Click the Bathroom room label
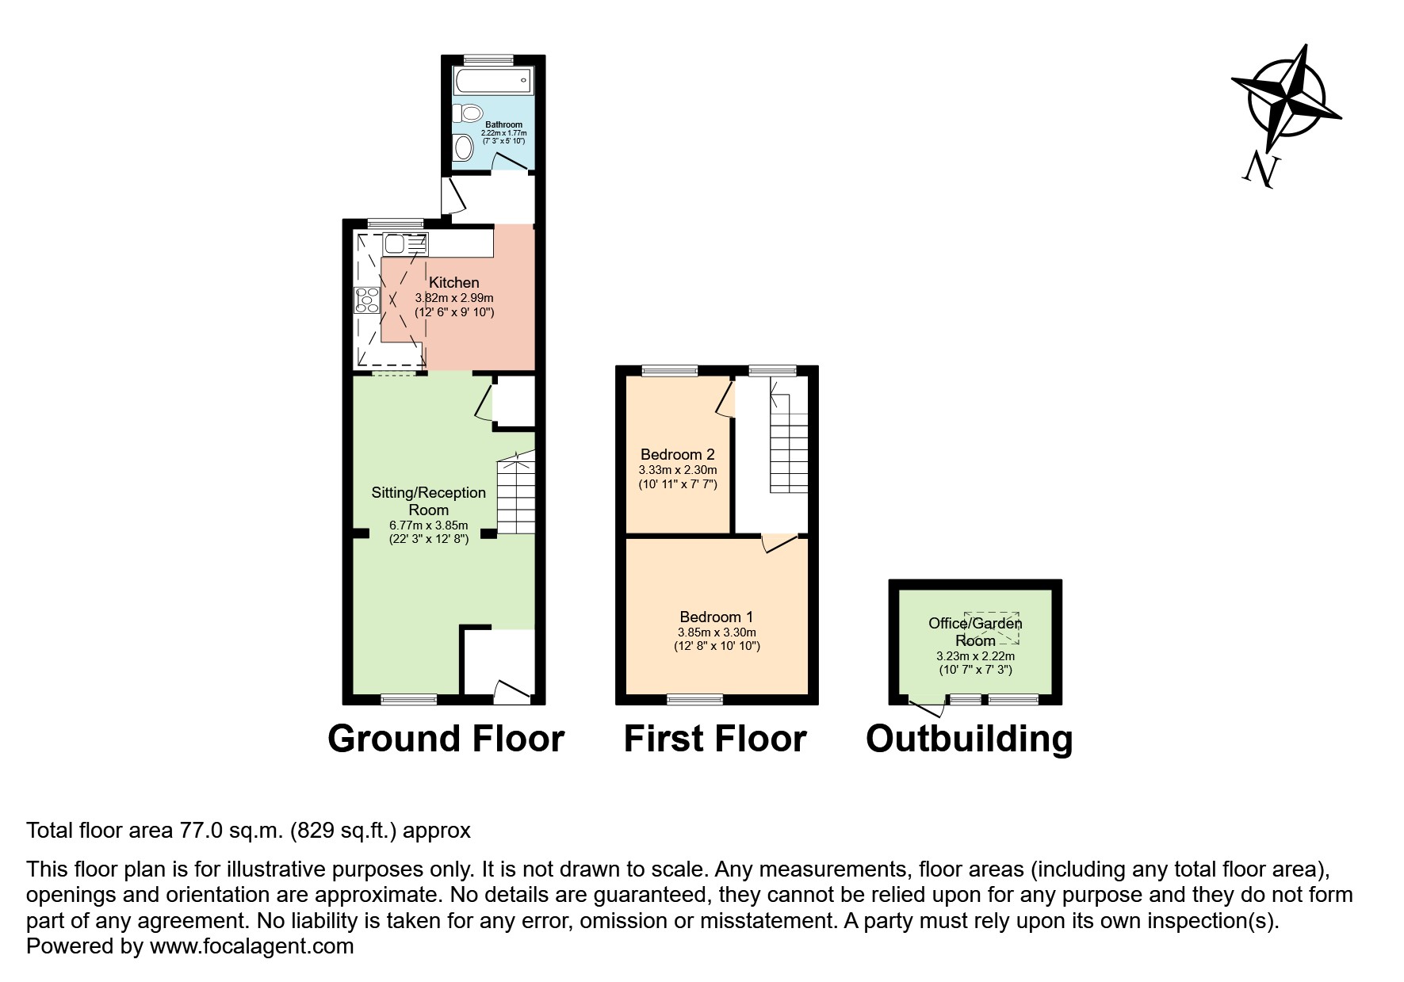pos(503,124)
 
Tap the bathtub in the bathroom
pos(492,80)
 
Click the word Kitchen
pos(453,283)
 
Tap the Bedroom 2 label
pos(677,454)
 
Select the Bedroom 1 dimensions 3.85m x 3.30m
pos(716,632)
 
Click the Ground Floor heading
pos(446,739)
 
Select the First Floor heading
pos(714,739)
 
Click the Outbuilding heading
pos(969,739)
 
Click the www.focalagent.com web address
pos(251,946)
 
